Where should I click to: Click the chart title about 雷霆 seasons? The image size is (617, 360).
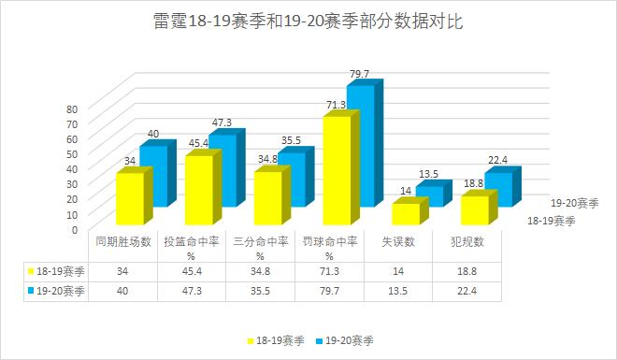[308, 22]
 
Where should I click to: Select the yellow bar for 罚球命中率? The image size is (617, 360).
[336, 168]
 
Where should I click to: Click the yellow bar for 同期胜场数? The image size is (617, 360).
[130, 198]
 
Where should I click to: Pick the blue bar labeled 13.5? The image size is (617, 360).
[429, 195]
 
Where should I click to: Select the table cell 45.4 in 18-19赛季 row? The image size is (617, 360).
[197, 271]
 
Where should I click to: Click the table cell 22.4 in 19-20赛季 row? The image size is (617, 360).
[473, 291]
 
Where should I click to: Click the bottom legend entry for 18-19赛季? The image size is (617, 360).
[278, 341]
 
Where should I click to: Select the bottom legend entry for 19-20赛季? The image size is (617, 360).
[348, 341]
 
